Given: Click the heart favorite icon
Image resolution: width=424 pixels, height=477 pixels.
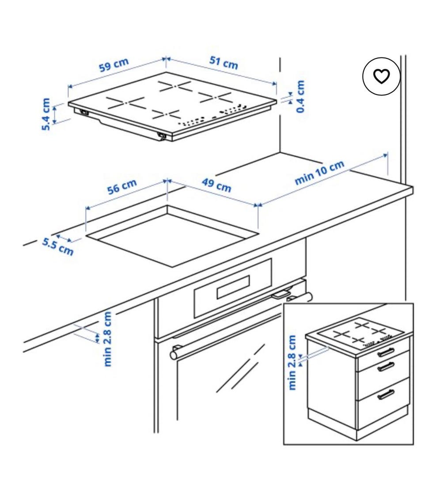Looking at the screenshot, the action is pos(381,76).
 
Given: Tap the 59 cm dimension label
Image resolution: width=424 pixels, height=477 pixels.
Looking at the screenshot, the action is pos(114,65).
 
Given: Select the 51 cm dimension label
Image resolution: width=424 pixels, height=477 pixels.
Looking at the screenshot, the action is pos(223,63).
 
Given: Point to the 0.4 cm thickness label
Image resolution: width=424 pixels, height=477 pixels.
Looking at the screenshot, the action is pos(300,96).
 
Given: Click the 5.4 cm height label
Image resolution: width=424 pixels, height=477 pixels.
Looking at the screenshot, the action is pos(45,114).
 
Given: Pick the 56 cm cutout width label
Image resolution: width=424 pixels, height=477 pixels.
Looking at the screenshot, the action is pos(122,186).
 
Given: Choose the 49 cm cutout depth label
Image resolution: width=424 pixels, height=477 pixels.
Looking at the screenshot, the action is pos(216,185).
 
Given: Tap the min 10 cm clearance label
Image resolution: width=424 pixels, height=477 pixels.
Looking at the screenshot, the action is pos(320,172).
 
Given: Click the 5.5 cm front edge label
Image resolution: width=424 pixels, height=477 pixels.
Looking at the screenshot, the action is pos(58,247).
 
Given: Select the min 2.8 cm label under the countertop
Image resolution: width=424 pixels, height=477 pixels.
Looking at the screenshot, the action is pos(108,339).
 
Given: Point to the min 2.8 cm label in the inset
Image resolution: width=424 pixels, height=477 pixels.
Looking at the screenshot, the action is pos(291,362).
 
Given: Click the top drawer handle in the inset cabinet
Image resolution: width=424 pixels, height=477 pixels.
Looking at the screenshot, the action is pos(386,352).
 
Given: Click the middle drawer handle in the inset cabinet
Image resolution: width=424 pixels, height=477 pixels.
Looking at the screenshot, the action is pos(386,367).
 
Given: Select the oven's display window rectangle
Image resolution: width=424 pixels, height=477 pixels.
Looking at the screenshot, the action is pos(233,287).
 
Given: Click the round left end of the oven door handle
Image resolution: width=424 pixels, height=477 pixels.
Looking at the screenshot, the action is pos(174,354).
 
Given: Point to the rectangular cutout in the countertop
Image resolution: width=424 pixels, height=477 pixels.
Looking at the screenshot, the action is pos(172,236).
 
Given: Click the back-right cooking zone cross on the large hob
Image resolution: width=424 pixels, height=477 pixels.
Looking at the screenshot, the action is pos(216,97).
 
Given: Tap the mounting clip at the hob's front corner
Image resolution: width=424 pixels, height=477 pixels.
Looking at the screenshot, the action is pos(162,137).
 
